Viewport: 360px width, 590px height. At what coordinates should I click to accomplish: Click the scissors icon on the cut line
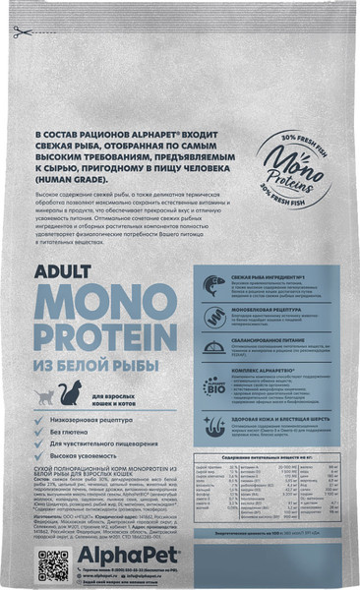pyautogui.click(x=18, y=33)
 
